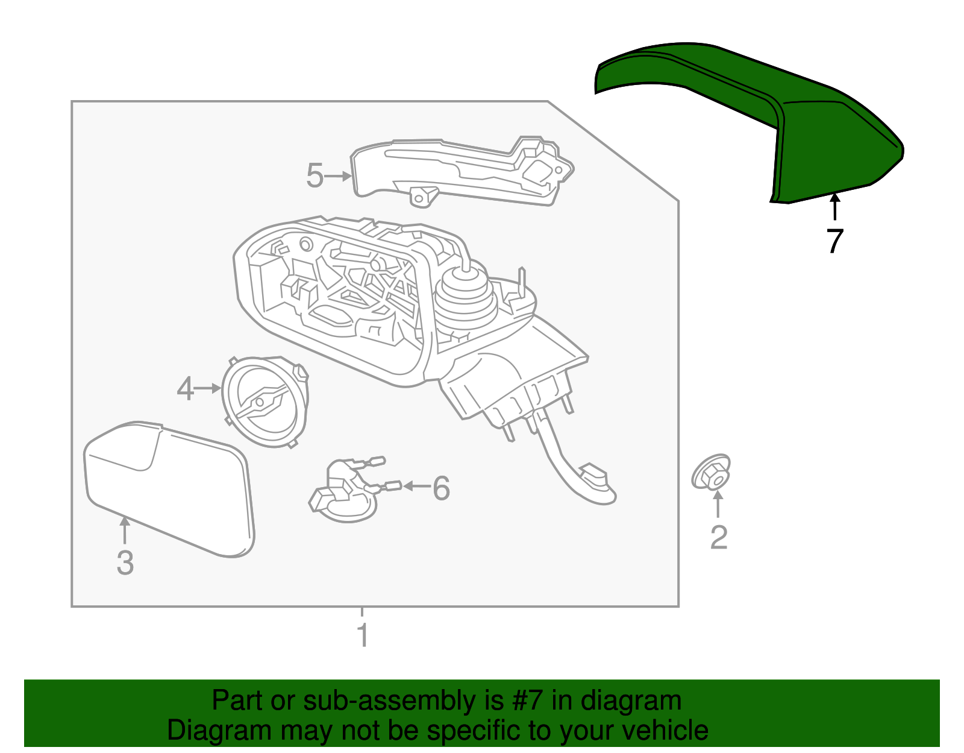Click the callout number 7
(x=834, y=241)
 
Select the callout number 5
(x=315, y=175)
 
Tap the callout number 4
(x=186, y=389)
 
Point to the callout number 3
(x=125, y=563)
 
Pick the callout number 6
(x=441, y=488)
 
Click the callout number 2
(x=719, y=537)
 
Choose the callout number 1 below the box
(x=363, y=635)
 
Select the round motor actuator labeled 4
(x=265, y=402)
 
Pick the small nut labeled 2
(x=711, y=472)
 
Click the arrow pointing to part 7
(x=834, y=207)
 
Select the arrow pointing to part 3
(x=125, y=531)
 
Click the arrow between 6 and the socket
(x=416, y=487)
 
